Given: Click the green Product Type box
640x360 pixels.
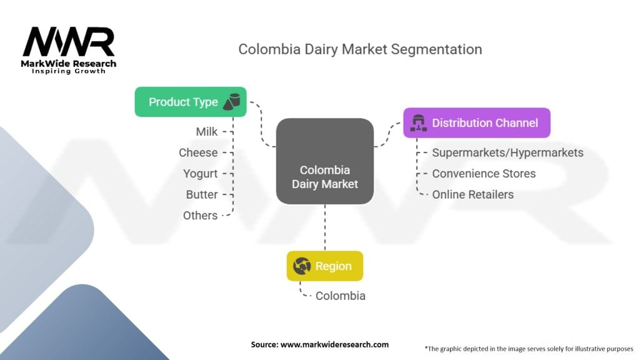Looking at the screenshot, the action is point(191,102).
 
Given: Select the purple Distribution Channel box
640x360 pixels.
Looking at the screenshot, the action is point(477,123).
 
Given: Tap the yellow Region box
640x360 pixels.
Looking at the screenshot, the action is point(325,266).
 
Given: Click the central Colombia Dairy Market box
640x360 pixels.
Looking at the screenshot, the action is point(325,161).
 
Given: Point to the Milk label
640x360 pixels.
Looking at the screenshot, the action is point(206,132).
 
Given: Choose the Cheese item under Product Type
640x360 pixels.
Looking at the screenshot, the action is point(198,152).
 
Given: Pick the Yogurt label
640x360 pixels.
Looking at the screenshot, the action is point(200,174).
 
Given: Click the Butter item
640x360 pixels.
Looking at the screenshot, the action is point(202,195).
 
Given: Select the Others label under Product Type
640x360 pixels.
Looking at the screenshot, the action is point(200,216).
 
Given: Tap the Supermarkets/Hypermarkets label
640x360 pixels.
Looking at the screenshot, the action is point(507,152).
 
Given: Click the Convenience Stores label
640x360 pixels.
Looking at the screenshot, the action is point(484,174).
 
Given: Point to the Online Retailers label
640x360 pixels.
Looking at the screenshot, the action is point(472,195).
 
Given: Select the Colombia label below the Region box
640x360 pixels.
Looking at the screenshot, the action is point(341,296).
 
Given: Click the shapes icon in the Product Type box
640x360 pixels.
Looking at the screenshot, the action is point(231,102).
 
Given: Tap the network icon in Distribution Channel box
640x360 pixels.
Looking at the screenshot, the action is point(418,123).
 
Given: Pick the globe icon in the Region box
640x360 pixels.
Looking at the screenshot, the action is point(302,266).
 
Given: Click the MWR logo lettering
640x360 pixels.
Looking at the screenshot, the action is point(69,42).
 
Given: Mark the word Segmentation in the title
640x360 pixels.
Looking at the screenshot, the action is point(436,49).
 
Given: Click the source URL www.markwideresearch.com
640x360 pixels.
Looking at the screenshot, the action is point(334,344).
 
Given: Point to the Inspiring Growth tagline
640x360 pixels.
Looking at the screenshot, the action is point(69,71).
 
